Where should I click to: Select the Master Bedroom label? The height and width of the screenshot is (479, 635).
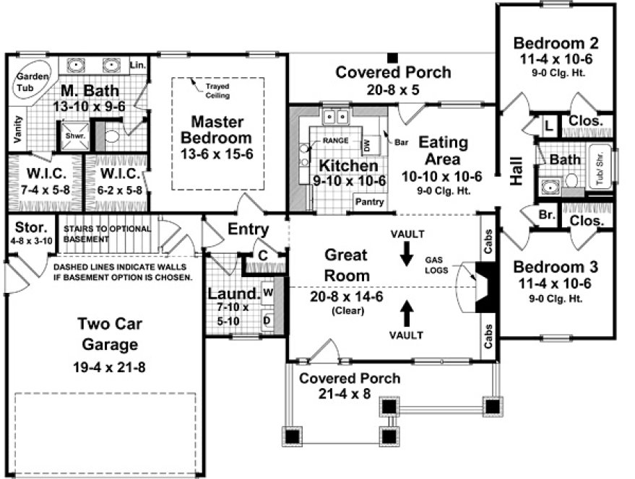(x=221, y=130)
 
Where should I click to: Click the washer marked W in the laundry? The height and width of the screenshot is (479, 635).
(x=267, y=292)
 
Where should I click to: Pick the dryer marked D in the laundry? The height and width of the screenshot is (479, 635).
(x=267, y=318)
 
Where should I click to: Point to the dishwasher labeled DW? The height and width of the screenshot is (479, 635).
(x=367, y=145)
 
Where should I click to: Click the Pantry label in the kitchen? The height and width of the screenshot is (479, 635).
(x=369, y=203)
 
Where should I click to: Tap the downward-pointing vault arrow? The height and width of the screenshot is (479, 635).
(x=406, y=253)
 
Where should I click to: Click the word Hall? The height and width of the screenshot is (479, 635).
(x=517, y=172)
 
